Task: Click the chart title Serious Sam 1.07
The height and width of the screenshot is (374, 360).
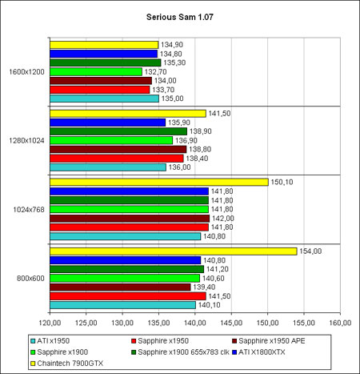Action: (x=180, y=17)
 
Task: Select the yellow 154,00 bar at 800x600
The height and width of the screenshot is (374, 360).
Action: (x=174, y=251)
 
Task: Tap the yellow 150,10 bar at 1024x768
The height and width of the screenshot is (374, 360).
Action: (x=159, y=182)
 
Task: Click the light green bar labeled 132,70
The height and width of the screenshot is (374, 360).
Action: (x=96, y=72)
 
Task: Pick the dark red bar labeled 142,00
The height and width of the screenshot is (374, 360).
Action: (x=130, y=219)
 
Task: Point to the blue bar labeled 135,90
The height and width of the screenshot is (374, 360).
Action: (x=107, y=123)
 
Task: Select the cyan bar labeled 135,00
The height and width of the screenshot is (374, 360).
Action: (x=104, y=99)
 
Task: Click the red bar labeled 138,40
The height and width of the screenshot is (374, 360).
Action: (x=117, y=159)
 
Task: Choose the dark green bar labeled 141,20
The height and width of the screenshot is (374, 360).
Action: (x=126, y=269)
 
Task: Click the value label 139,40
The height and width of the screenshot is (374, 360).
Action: (x=204, y=287)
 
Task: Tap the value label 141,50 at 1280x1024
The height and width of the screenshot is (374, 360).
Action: (x=219, y=114)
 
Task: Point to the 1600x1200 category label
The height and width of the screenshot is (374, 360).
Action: (x=26, y=72)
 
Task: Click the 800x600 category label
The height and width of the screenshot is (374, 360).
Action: (x=30, y=279)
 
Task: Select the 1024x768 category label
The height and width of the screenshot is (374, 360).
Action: (x=29, y=210)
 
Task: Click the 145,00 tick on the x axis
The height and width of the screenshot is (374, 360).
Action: (x=231, y=323)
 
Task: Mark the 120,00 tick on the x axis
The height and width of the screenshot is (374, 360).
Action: (x=50, y=323)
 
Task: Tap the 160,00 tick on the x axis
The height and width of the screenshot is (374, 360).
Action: (x=340, y=323)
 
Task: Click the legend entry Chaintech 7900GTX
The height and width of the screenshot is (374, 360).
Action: (x=67, y=364)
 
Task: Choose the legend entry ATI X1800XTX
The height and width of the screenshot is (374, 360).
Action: (x=258, y=352)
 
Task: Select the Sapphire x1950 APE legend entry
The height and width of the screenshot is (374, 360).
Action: (x=269, y=341)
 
